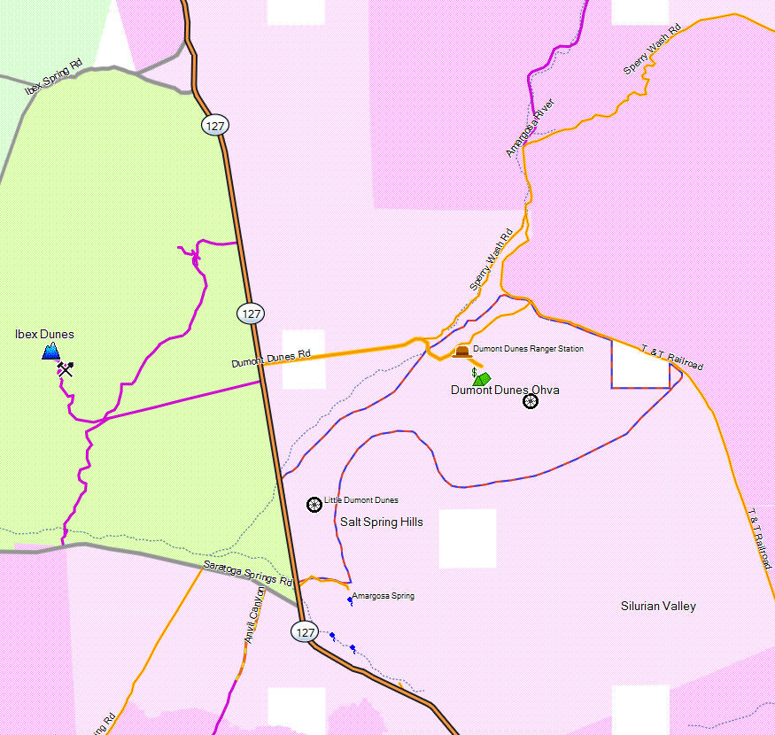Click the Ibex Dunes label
(44, 335)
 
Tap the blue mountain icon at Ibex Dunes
(51, 352)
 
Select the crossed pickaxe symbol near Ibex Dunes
(65, 368)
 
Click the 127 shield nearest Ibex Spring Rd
(213, 125)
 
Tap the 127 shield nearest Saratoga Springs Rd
(303, 631)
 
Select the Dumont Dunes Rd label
(271, 357)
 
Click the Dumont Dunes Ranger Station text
(528, 349)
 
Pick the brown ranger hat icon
(461, 352)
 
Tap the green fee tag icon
(481, 378)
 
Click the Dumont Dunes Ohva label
(505, 391)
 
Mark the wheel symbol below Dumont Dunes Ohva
(531, 401)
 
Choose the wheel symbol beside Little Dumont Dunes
(314, 504)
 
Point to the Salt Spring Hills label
(382, 522)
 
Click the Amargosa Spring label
(383, 596)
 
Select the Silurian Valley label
(658, 607)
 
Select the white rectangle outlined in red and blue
(639, 365)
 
